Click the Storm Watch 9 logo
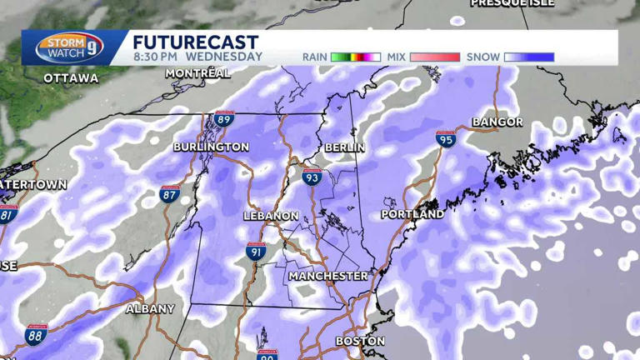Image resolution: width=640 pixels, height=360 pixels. point(73,47)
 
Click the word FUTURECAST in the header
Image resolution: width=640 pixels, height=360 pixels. point(195,42)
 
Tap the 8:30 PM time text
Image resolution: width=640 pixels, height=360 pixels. point(157,57)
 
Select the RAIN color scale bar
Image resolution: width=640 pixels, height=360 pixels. point(356,57)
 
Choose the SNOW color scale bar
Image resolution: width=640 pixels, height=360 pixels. point(529,57)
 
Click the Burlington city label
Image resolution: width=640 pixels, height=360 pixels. point(211,147)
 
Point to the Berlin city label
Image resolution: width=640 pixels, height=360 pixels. point(345,147)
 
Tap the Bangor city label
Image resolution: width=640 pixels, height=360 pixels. point(497,122)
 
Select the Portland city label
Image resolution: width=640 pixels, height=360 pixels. point(412,214)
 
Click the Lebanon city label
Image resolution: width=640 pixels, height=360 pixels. point(270,216)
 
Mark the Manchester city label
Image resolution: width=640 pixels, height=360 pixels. point(328,275)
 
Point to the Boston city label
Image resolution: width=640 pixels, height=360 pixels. point(360,341)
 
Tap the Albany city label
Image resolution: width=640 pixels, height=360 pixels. point(150,308)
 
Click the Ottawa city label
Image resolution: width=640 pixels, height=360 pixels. point(71,78)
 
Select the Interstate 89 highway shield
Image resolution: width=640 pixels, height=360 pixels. point(223,119)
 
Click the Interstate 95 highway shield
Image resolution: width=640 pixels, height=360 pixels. point(446,140)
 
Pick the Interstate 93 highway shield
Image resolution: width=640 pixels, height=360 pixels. point(312,177)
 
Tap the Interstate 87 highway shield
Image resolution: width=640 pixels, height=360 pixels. point(169,195)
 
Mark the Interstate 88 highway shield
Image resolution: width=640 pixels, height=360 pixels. point(36,335)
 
